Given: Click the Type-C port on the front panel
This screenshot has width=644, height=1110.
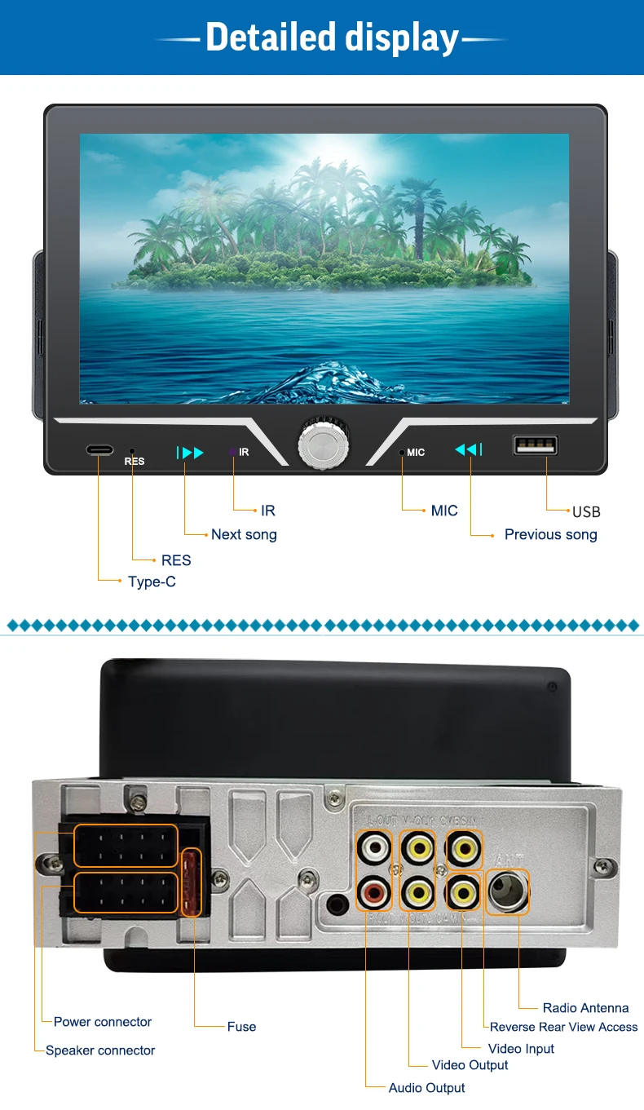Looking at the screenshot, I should (99, 449).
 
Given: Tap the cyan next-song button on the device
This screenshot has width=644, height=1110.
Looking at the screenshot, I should (190, 453).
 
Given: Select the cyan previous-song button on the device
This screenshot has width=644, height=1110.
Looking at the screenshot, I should (468, 449).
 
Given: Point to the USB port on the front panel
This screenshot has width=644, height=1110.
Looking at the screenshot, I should (536, 445).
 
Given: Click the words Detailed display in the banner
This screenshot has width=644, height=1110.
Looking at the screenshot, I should (332, 38).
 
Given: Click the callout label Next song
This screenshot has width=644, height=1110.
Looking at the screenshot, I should (244, 535).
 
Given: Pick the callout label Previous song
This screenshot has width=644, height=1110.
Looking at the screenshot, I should (550, 535).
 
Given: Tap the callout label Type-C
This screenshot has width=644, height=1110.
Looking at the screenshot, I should (152, 582).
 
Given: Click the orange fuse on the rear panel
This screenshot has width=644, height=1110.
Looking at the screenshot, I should (192, 882).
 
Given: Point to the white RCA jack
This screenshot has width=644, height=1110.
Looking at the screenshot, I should (375, 849).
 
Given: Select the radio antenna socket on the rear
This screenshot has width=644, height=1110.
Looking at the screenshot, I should (507, 891).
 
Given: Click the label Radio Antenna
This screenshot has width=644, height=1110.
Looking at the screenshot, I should (585, 1008).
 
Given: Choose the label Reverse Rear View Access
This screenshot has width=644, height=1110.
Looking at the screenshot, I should (563, 1027).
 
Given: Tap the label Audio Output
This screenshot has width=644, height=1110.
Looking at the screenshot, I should (426, 1088).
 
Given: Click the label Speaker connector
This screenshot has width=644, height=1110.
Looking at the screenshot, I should (100, 1050).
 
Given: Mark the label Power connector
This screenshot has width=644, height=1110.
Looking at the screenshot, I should (103, 1022).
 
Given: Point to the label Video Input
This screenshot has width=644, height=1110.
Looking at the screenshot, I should (521, 1049).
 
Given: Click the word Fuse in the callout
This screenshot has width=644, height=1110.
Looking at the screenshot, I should (241, 1027).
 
